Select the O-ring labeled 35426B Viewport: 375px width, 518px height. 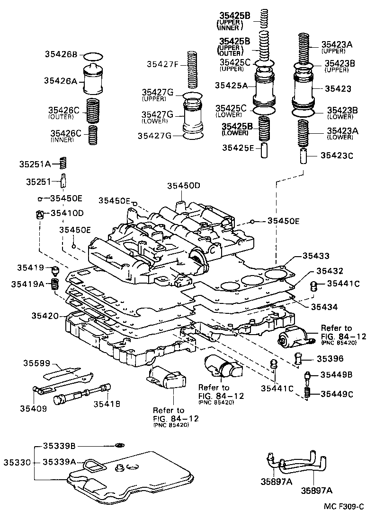95,56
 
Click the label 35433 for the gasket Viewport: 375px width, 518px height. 316,256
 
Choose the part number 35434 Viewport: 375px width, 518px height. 324,307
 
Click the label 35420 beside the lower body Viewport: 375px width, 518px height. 45,315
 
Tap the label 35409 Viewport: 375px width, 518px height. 33,408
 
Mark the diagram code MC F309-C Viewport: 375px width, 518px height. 344,506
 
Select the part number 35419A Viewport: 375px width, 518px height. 54,284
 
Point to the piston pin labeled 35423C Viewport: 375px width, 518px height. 303,155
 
